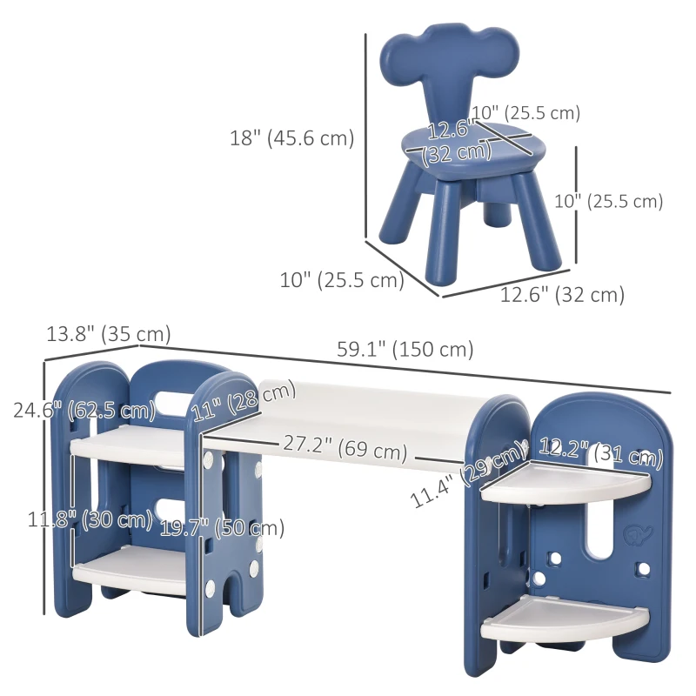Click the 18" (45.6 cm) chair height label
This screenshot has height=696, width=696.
coord(291,138)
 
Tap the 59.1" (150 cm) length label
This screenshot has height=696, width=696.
coord(405,350)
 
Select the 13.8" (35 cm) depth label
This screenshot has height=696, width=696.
coord(109,334)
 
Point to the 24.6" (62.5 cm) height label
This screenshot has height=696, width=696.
coord(84,409)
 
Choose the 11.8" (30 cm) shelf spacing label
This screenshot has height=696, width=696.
coord(90,519)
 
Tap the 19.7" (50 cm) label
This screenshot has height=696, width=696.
coord(222,528)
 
